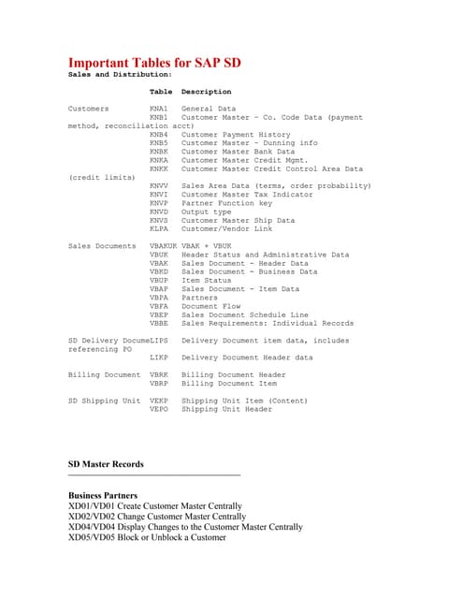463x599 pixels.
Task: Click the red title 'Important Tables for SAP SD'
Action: pyautogui.click(x=154, y=63)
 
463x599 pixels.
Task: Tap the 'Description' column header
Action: pyautogui.click(x=206, y=92)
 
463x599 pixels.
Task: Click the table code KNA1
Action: pyautogui.click(x=158, y=109)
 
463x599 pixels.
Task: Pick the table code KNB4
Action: pyautogui.click(x=158, y=135)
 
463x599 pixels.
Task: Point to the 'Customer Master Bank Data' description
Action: pyautogui.click(x=238, y=152)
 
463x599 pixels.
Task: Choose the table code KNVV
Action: pyautogui.click(x=158, y=186)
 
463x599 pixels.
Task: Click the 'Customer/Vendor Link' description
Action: pyautogui.click(x=228, y=229)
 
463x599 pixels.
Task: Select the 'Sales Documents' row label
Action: pyautogui.click(x=102, y=246)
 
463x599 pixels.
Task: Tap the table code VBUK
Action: pyautogui.click(x=158, y=255)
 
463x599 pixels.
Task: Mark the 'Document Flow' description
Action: pyautogui.click(x=212, y=306)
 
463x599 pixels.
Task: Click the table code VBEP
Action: pyautogui.click(x=158, y=314)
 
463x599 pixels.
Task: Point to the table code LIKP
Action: pyautogui.click(x=158, y=358)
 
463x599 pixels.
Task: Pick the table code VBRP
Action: pyautogui.click(x=158, y=383)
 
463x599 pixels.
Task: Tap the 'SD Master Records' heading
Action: pyautogui.click(x=106, y=464)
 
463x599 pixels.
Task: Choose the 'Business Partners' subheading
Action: pyautogui.click(x=103, y=495)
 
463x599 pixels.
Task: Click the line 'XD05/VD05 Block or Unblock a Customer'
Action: pyautogui.click(x=147, y=537)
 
